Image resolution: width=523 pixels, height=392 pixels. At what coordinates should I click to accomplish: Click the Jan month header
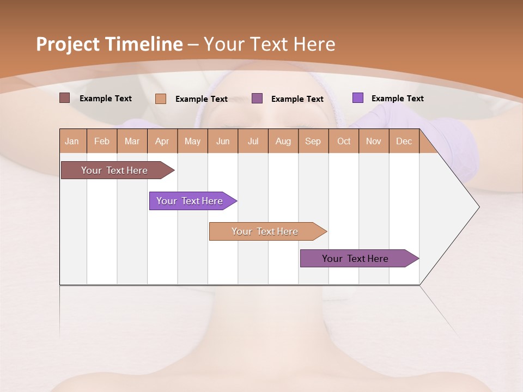72,142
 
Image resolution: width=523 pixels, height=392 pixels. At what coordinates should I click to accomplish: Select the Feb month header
102,142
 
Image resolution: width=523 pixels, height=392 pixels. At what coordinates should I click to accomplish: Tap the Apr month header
162,142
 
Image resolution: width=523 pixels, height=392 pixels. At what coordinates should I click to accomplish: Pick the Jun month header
223,142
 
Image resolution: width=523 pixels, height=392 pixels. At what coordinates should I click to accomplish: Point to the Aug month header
283,142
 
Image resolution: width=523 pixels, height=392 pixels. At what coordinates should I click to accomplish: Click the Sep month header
313,142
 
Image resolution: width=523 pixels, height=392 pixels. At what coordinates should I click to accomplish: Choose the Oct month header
344,142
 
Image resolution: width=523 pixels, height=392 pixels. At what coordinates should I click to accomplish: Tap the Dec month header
404,142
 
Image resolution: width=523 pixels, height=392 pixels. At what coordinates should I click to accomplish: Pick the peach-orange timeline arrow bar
265,231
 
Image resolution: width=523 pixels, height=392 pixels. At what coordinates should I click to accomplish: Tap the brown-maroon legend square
64,98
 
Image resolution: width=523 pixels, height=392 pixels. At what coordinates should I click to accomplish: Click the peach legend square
160,99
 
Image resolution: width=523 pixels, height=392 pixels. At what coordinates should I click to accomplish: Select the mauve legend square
257,98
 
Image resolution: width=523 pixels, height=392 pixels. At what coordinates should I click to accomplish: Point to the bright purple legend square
357,98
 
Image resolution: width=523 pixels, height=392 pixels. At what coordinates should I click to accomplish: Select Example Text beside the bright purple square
397,99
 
